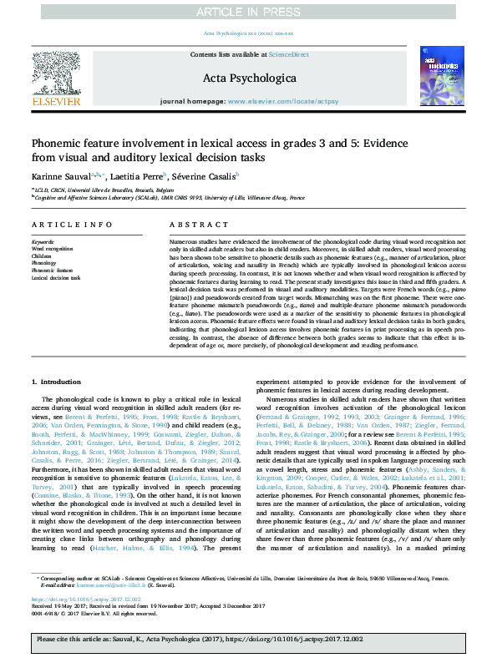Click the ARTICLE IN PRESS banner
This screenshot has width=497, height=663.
pos(248,11)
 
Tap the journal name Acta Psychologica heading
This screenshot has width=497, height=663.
pos(249,78)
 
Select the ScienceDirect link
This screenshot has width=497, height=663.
pos(288,54)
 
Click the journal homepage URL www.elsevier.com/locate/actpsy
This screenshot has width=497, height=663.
pos(282,101)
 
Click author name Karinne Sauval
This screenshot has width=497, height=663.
pos(58,175)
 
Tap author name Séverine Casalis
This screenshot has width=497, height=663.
pos(205,175)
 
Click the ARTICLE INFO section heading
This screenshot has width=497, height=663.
pos(72,225)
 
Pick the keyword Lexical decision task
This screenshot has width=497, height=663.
pos(56,277)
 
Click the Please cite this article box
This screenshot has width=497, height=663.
pos(248,648)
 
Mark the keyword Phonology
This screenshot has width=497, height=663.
pos(45,263)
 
